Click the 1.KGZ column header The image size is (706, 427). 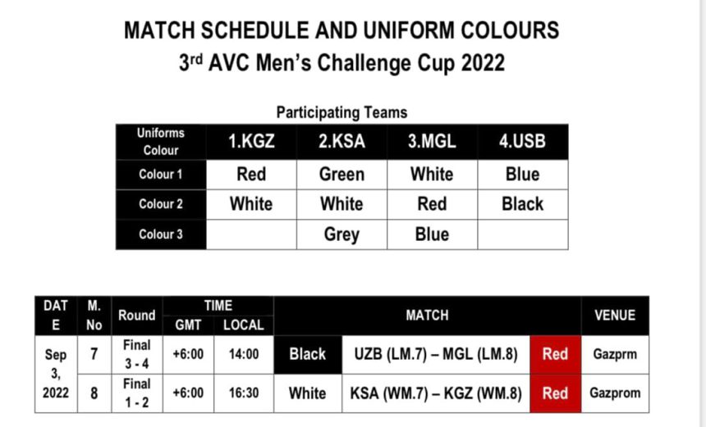pos(251,142)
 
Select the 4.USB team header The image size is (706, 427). pos(522,142)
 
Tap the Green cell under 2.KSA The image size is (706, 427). pos(342,175)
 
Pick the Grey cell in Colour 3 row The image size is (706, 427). pos(342,234)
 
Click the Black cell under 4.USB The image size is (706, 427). pos(522,204)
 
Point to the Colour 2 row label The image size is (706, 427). pos(161,204)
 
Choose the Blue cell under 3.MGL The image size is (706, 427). pos(432,234)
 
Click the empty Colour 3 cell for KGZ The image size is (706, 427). pos(251,234)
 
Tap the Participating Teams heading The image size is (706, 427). pos(342,112)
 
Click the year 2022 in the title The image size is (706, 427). pos(483,63)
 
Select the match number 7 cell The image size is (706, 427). pos(94,354)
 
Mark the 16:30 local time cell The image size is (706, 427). pos(244,393)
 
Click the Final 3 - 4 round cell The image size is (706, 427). pos(137,354)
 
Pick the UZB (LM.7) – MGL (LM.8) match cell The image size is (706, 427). pos(436,354)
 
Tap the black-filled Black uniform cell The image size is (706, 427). pos(308,354)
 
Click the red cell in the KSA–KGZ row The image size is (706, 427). pos(555,393)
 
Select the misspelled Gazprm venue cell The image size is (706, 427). pos(615,354)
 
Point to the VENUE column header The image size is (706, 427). pos(615,316)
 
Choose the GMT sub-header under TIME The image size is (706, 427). pos(188,325)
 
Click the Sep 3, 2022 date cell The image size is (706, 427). pos(56,374)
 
